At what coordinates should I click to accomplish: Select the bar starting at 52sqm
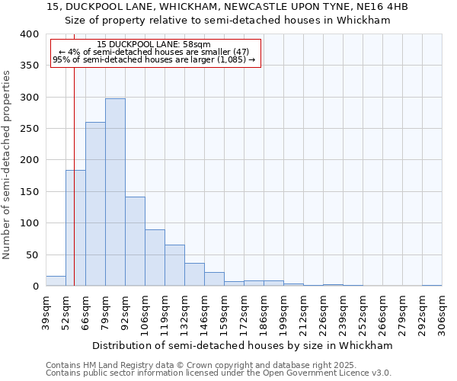(x=75, y=228)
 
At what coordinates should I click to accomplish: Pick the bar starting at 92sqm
(x=135, y=242)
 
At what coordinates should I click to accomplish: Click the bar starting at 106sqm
(x=155, y=258)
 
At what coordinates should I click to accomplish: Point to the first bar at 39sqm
(x=56, y=281)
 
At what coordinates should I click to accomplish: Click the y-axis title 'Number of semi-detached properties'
(x=7, y=165)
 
